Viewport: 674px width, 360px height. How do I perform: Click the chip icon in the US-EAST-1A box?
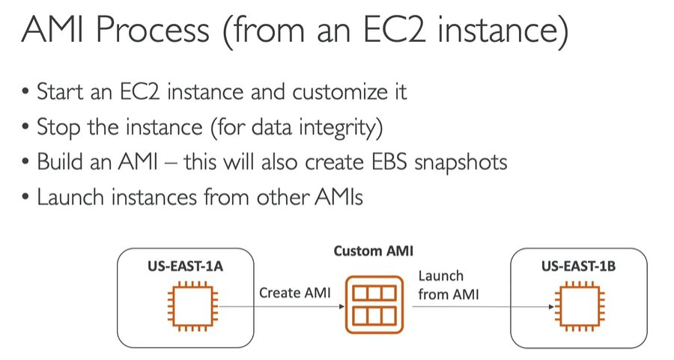(185, 306)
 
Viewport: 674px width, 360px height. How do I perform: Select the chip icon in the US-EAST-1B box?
(577, 306)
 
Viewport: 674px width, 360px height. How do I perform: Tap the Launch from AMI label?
(444, 285)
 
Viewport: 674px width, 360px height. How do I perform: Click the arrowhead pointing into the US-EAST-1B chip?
(550, 306)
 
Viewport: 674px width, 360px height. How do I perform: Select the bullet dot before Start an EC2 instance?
(26, 93)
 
